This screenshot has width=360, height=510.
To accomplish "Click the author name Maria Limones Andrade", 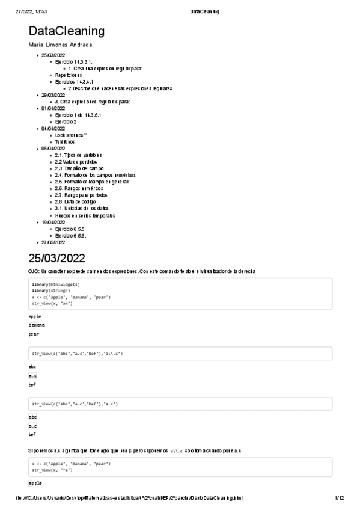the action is click(x=60, y=45).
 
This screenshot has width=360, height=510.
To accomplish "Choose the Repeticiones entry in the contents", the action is click(x=69, y=75).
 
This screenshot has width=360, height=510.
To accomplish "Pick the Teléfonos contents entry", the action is click(x=65, y=142).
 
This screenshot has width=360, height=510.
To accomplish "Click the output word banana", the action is click(x=37, y=324).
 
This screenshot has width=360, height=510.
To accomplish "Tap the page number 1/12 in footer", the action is click(x=339, y=499).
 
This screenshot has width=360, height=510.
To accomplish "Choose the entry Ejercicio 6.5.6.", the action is click(x=71, y=235).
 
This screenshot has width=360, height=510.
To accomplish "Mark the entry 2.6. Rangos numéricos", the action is click(x=79, y=188).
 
